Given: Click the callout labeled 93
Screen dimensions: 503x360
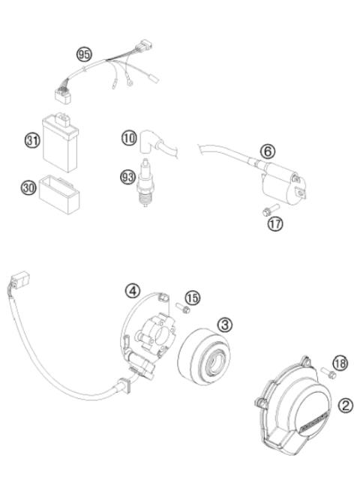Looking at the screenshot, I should click(128, 177).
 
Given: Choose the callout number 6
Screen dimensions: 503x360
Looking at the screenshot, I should click(268, 150).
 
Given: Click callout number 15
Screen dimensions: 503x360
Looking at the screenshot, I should click(193, 298).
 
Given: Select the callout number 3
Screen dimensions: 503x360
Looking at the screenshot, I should click(224, 324).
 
